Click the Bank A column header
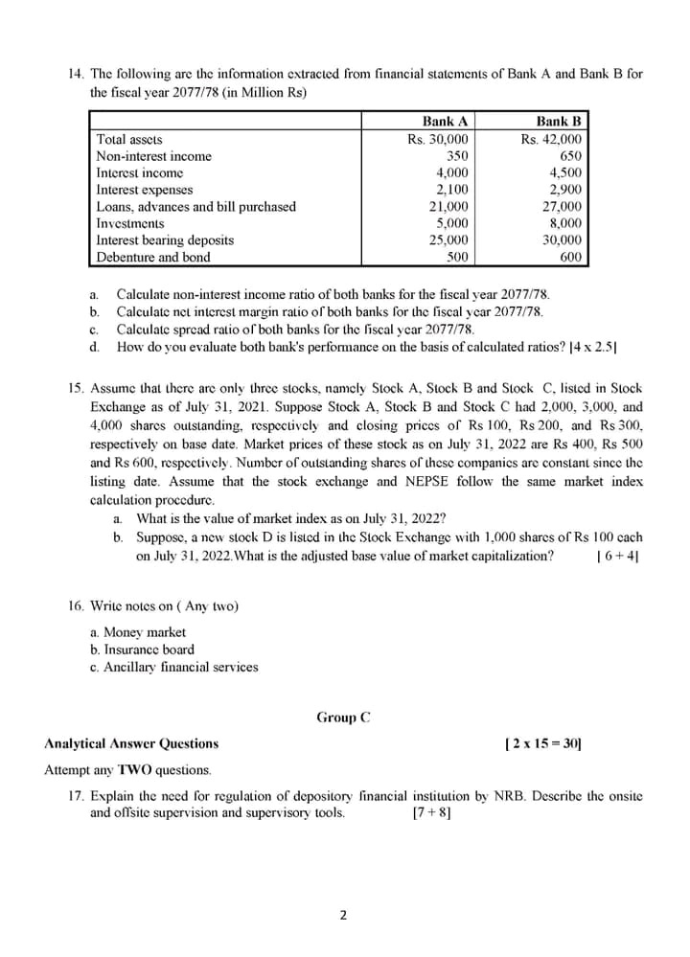click(x=445, y=122)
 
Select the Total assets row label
click(x=129, y=139)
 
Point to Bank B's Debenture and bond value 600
click(x=570, y=257)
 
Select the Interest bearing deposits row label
click(x=165, y=240)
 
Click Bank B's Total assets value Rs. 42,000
click(x=551, y=139)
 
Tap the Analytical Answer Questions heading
click(x=131, y=742)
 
